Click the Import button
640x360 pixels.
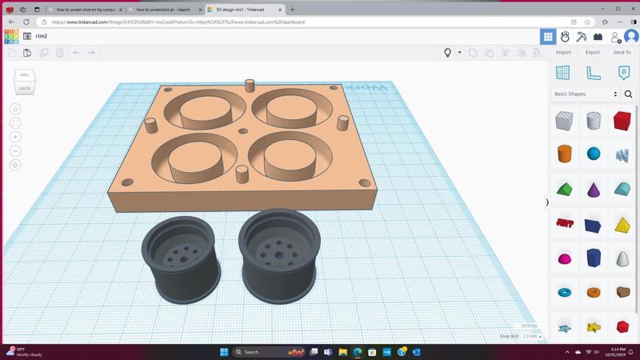coord(563,52)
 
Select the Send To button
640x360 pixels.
coord(622,52)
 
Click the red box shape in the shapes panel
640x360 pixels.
coord(622,121)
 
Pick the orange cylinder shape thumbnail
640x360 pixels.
coord(565,154)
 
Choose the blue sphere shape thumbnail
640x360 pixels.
coord(594,154)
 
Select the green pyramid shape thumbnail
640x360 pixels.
coord(565,189)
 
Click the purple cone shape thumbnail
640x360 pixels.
coord(594,190)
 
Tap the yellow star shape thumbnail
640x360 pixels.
coord(594,326)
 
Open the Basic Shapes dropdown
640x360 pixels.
coord(586,94)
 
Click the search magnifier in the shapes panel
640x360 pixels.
coord(628,94)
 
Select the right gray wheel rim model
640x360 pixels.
coord(279,254)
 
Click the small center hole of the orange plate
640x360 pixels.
coord(243,131)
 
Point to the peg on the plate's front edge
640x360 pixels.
coord(242,174)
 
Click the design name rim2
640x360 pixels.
coord(42,36)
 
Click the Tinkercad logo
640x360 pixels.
coord(11,36)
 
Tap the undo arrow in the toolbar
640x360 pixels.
coord(76,53)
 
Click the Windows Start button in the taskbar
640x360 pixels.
coord(224,352)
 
